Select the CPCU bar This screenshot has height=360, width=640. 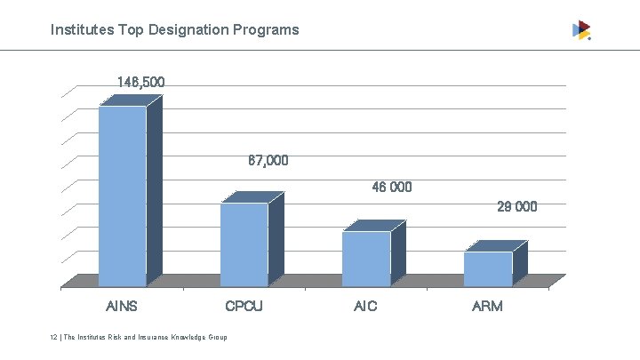pyautogui.click(x=244, y=244)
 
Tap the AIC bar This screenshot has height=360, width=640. pyautogui.click(x=366, y=259)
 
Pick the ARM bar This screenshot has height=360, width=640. pyautogui.click(x=488, y=268)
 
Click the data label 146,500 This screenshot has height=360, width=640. pyautogui.click(x=140, y=83)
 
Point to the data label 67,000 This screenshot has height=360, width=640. pyautogui.click(x=268, y=162)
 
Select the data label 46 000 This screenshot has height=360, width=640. pyautogui.click(x=391, y=188)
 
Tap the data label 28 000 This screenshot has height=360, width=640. pyautogui.click(x=516, y=207)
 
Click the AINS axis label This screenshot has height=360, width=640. pyautogui.click(x=122, y=307)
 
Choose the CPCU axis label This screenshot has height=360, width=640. pyautogui.click(x=244, y=307)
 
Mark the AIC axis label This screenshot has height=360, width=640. pyautogui.click(x=365, y=307)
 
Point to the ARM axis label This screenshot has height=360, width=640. pyautogui.click(x=487, y=307)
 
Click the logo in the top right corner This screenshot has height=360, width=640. pyautogui.click(x=581, y=30)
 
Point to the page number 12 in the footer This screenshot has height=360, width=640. pyautogui.click(x=53, y=338)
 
